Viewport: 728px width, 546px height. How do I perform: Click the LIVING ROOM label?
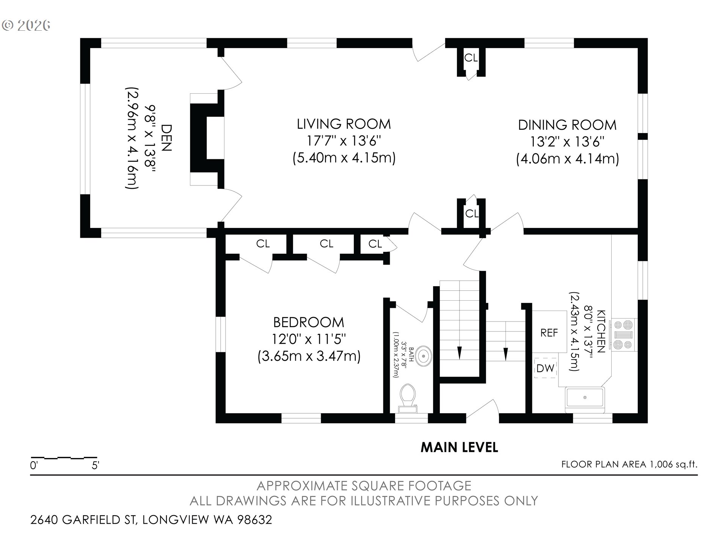click(x=344, y=124)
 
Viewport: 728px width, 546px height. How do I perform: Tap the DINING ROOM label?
click(x=567, y=125)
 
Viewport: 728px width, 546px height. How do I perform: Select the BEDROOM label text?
click(x=309, y=322)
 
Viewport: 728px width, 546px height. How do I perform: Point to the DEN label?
click(x=166, y=138)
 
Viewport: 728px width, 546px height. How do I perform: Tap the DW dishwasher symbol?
click(x=545, y=368)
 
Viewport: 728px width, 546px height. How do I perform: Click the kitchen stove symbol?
click(x=623, y=335)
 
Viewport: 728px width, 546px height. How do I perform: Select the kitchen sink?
click(x=585, y=400)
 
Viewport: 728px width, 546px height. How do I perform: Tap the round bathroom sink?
click(x=423, y=356)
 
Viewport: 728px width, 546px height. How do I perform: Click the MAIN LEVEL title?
click(x=459, y=447)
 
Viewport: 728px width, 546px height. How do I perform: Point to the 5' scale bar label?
click(x=95, y=465)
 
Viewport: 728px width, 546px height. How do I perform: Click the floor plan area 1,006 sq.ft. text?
click(x=629, y=464)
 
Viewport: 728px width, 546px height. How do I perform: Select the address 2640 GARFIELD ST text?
click(x=83, y=519)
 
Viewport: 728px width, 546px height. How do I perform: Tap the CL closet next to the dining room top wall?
click(x=471, y=58)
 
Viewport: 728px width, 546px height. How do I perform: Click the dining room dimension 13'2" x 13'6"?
click(x=567, y=142)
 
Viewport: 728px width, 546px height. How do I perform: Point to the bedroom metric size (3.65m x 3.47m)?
click(x=309, y=356)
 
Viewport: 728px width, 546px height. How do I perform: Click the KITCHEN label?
click(x=601, y=331)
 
